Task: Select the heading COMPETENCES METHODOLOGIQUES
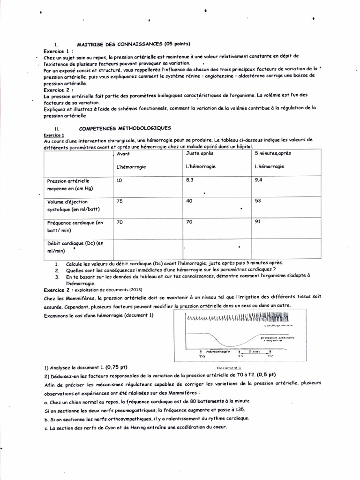[x=125, y=128]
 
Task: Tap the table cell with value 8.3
[x=190, y=180]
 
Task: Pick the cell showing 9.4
[x=259, y=180]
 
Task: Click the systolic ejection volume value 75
[x=120, y=201]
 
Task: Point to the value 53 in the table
[x=258, y=201]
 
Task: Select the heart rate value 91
[x=258, y=222]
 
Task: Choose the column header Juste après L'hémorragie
[x=201, y=160]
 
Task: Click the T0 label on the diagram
[x=202, y=356]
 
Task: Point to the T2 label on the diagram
[x=270, y=356]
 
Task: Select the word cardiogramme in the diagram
[x=279, y=325]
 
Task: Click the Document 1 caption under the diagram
[x=229, y=368]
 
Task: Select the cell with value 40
[x=190, y=201]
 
